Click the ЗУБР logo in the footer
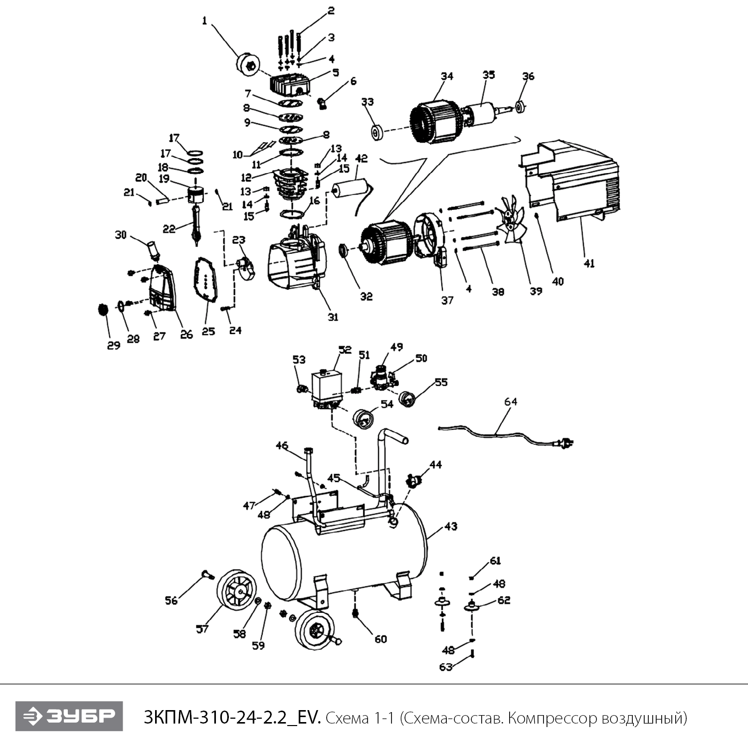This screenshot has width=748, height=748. [x=69, y=716]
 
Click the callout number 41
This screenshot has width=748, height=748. [x=589, y=263]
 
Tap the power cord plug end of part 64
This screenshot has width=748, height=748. [x=566, y=442]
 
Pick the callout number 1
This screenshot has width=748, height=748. [x=204, y=20]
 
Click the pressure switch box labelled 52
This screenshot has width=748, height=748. [x=326, y=386]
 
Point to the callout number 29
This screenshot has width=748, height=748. [x=114, y=345]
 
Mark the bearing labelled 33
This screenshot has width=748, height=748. [x=377, y=134]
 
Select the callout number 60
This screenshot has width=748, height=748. [x=380, y=639]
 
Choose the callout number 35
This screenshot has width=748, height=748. [x=489, y=75]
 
